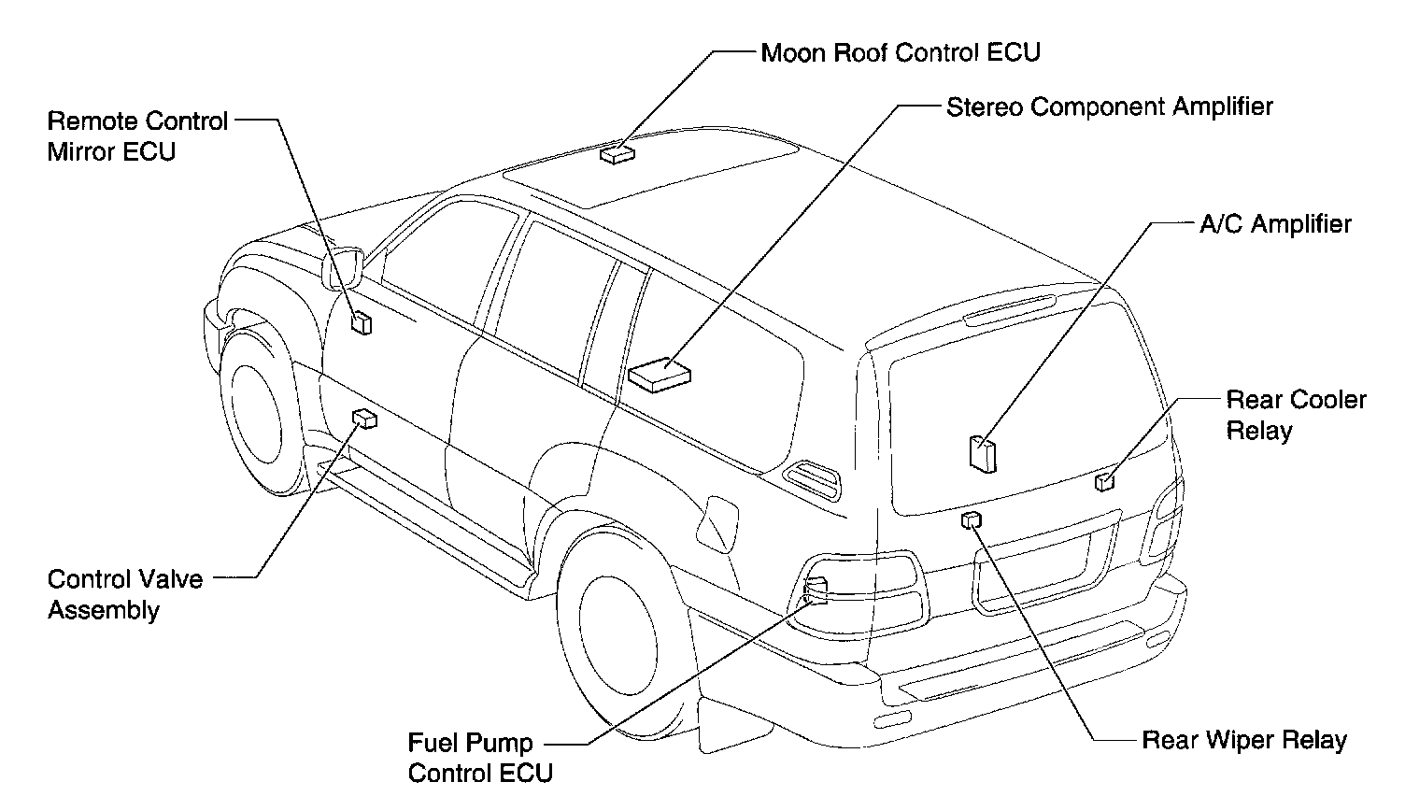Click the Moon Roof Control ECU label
(900, 52)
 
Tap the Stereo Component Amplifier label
(1109, 107)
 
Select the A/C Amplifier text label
(1275, 224)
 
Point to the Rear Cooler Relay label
(1295, 415)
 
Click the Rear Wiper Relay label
(1244, 741)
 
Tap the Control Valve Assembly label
(124, 594)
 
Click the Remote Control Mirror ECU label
(137, 136)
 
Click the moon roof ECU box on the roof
(617, 153)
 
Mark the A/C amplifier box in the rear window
(983, 453)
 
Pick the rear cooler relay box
(1104, 481)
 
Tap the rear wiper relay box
(972, 520)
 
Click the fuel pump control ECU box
(816, 590)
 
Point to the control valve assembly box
(364, 419)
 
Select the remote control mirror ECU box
(361, 323)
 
